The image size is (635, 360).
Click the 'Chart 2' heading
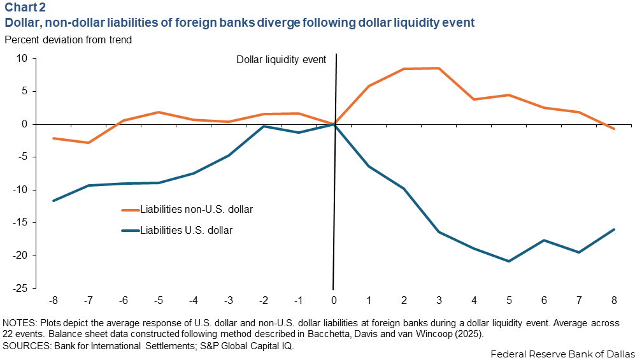[24, 8]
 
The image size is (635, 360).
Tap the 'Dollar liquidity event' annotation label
[281, 59]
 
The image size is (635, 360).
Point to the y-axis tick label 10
[22, 59]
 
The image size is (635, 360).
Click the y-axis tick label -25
[20, 289]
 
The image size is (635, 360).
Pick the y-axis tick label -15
[20, 223]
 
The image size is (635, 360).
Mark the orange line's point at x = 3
[439, 68]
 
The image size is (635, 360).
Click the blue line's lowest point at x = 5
[509, 261]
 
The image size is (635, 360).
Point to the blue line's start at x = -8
[54, 201]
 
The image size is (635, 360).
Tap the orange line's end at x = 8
[613, 129]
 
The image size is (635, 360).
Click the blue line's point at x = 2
[404, 189]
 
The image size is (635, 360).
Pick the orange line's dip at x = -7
[89, 143]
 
